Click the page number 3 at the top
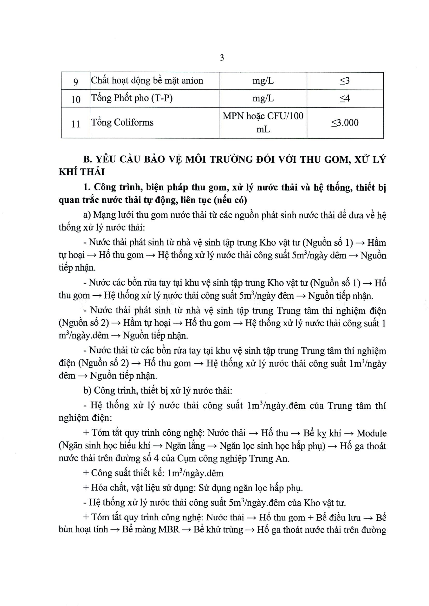click(x=222, y=57)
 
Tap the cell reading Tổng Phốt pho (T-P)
click(x=132, y=99)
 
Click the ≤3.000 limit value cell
click(x=345, y=123)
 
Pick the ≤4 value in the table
click(x=345, y=99)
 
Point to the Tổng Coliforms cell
click(x=122, y=123)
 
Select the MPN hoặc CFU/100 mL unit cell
click(x=263, y=123)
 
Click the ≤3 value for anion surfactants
click(x=345, y=81)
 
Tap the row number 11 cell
click(x=76, y=124)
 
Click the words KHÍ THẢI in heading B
click(x=82, y=172)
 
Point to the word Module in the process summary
click(x=371, y=433)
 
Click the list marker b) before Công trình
click(x=87, y=391)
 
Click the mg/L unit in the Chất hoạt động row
click(x=263, y=81)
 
